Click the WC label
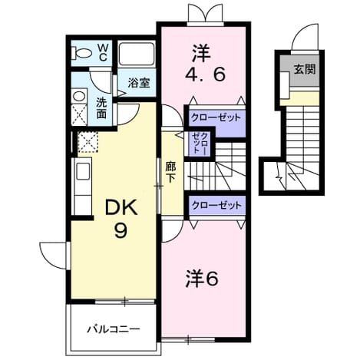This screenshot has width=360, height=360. tap(103, 53)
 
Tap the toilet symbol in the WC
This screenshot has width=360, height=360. tap(82, 53)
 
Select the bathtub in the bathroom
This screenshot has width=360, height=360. tap(137, 54)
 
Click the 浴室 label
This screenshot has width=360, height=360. tap(139, 83)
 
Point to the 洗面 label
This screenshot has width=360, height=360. tap(101, 108)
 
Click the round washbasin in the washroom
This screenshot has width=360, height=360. tap(79, 97)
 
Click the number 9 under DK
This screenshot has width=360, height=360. tap(121, 231)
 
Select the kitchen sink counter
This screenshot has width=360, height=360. tap(82, 187)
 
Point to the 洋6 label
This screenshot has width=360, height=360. tap(202, 279)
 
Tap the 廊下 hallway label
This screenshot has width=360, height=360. tap(170, 172)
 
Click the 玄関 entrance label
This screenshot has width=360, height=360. tap(304, 68)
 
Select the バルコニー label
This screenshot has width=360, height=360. tap(114, 329)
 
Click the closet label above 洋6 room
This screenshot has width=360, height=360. tap(216, 205)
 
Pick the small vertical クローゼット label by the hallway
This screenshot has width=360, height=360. tap(200, 143)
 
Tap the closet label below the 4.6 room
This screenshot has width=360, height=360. tap(216, 117)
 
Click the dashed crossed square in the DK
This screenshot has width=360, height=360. tap(88, 142)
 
